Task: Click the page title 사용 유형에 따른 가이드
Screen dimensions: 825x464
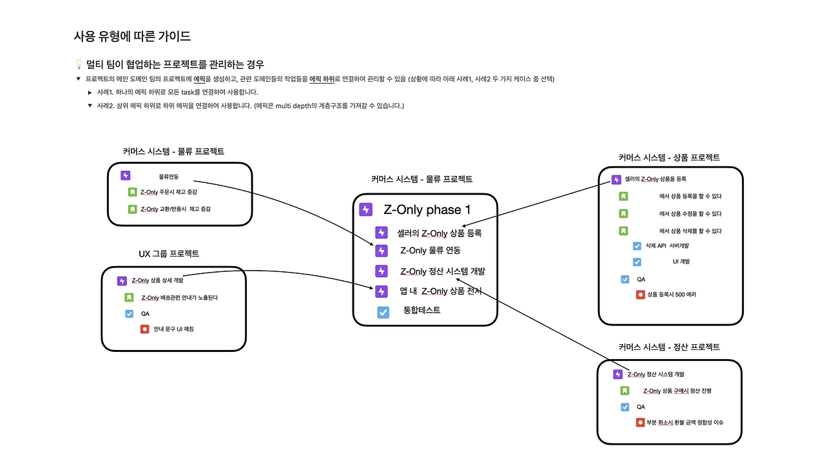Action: coord(132,36)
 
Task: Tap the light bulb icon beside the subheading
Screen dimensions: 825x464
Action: coord(79,64)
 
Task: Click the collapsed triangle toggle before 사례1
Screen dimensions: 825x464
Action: coord(90,92)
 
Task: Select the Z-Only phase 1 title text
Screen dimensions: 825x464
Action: coord(427,209)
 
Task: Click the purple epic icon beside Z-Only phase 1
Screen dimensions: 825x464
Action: coord(365,209)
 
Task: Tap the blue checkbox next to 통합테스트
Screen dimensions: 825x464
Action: coord(383,313)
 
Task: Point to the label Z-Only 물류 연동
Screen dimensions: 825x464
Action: coord(431,251)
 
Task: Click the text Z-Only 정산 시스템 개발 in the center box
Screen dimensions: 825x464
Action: coord(443,271)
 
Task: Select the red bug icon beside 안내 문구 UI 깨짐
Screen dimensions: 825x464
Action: coord(145,329)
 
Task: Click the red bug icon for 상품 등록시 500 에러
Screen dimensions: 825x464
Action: coord(641,295)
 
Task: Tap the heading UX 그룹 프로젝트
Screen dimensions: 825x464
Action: coord(169,254)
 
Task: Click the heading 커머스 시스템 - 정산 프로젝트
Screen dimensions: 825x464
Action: coord(669,347)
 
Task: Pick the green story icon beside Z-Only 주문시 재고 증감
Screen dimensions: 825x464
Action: coord(132,192)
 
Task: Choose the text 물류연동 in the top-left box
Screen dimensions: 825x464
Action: coord(168,177)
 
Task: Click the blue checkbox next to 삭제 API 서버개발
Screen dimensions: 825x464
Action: coord(637,246)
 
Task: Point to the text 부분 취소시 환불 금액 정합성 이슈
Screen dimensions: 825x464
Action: coord(685,422)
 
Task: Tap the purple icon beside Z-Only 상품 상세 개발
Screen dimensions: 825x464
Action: coord(122,281)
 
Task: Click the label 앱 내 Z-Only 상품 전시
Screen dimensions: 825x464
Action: coord(441,291)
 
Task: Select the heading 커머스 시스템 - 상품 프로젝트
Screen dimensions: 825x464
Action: coord(669,158)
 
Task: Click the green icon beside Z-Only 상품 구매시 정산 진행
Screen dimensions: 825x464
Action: coord(625,391)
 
